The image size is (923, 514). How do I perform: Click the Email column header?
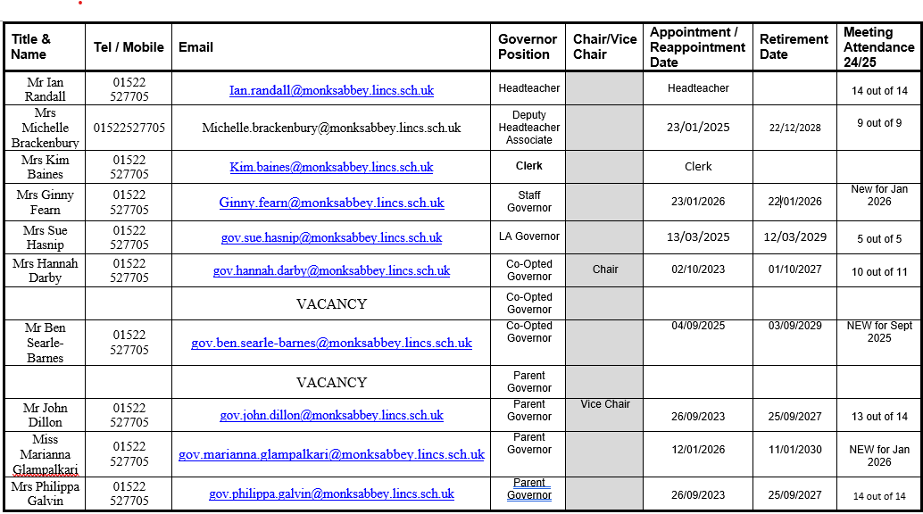tap(195, 47)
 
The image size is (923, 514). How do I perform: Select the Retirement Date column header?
tap(794, 46)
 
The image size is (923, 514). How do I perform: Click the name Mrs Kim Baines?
tap(45, 167)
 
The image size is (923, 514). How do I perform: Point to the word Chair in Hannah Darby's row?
tap(605, 269)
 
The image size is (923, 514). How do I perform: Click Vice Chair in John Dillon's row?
tap(605, 404)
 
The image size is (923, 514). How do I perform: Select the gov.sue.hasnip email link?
tap(331, 237)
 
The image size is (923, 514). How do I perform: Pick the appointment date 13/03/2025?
tap(698, 237)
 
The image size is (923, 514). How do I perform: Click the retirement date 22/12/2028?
tap(794, 128)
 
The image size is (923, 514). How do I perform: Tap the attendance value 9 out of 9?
tap(879, 123)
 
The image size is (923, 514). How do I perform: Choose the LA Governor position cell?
tap(529, 236)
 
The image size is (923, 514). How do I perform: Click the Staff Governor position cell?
tap(529, 202)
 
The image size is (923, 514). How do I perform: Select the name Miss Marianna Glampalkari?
tap(45, 454)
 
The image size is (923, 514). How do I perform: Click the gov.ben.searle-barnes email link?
tap(331, 343)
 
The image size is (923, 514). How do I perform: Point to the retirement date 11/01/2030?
tap(794, 450)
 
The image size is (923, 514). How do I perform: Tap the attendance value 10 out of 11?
tap(879, 271)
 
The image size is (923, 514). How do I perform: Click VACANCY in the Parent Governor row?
tap(331, 382)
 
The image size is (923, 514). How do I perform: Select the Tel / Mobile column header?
tap(129, 47)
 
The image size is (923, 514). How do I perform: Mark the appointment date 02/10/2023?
tap(698, 269)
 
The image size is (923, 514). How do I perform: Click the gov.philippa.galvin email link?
tap(331, 493)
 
